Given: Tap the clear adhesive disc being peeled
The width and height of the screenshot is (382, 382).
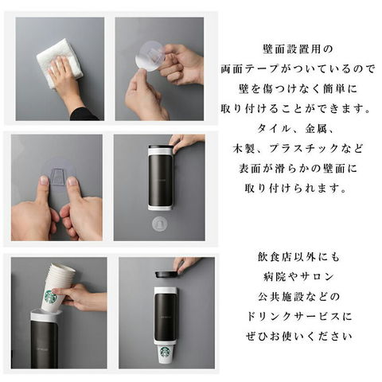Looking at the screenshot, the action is click(x=150, y=57).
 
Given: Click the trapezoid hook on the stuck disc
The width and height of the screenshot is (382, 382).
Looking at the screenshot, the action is click(x=59, y=175).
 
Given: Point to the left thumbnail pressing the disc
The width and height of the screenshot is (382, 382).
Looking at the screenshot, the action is click(x=44, y=180).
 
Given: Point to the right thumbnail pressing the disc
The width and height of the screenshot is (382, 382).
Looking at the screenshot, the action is click(x=72, y=181).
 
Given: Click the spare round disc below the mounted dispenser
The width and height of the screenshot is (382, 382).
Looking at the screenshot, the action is click(x=160, y=224).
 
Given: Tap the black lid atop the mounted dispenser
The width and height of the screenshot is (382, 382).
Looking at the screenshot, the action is click(x=161, y=147).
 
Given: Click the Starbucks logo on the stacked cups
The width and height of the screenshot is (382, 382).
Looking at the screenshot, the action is click(x=52, y=296).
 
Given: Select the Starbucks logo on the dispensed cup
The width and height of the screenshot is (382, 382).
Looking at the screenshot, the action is click(x=166, y=352).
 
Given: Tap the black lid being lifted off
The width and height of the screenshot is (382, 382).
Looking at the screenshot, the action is click(x=166, y=275).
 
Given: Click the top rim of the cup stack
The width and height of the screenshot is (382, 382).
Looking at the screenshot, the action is click(x=62, y=267).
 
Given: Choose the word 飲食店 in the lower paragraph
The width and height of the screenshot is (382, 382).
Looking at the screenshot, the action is click(x=272, y=257).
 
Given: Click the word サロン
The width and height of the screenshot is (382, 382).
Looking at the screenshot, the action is click(x=318, y=277).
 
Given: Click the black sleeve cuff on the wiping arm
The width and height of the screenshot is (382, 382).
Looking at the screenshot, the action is click(x=84, y=114).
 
